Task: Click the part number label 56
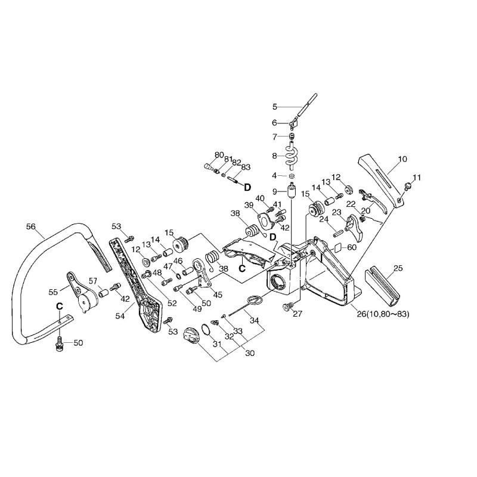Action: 31,227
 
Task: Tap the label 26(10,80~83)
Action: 383,314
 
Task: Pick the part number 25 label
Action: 398,268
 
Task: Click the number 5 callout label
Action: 275,107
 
